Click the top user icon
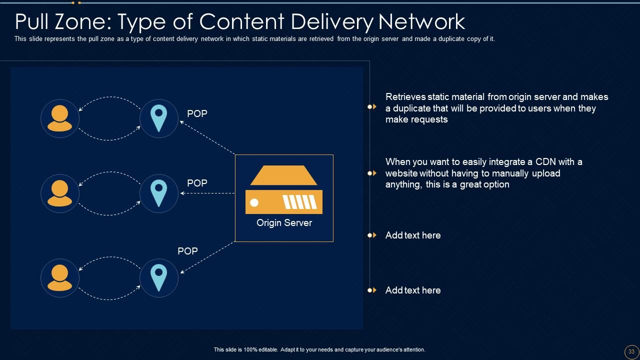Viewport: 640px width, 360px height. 60,118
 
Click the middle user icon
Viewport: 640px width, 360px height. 60,193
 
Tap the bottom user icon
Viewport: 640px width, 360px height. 60,278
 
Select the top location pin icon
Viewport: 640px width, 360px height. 159,118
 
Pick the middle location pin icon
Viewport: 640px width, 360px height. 159,193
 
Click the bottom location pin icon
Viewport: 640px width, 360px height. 159,278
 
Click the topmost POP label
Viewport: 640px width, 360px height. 197,114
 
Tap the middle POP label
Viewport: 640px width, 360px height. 197,183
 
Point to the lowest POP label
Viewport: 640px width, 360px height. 187,251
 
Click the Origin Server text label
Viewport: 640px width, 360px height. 284,223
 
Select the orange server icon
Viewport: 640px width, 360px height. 284,190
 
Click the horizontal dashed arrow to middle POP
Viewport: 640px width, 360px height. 207,193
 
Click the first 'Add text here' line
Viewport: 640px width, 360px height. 413,235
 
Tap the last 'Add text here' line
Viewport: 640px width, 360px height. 413,290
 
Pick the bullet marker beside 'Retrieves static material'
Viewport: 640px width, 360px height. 372,106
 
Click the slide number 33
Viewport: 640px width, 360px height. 631,351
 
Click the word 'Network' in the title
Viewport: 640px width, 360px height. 421,22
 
